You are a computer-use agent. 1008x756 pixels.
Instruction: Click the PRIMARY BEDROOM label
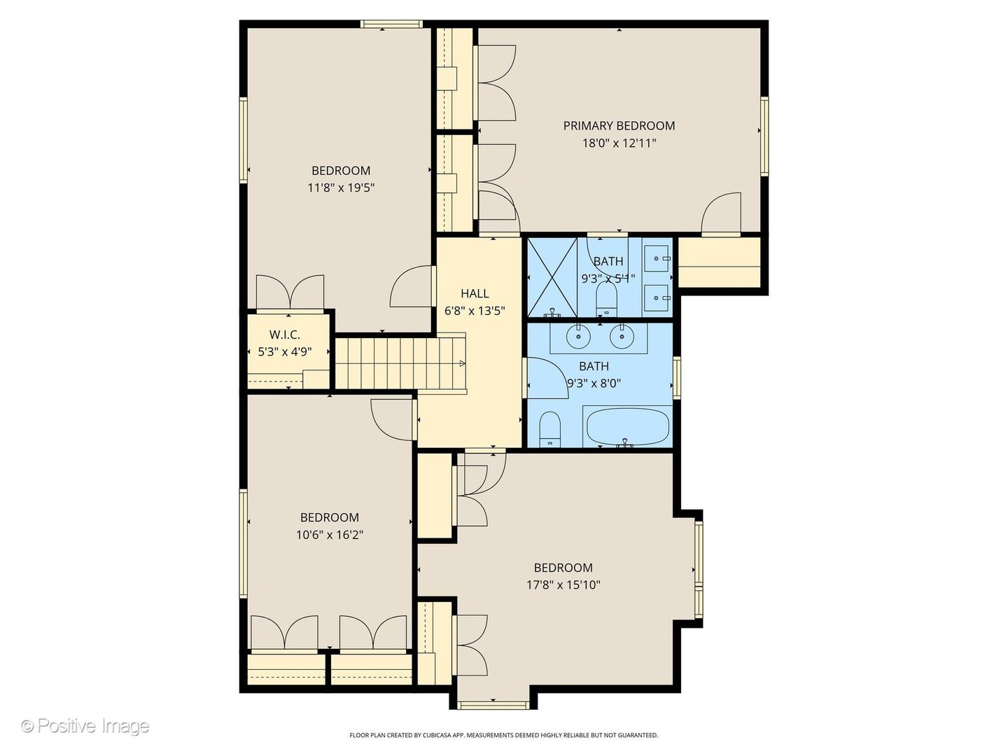coord(619,126)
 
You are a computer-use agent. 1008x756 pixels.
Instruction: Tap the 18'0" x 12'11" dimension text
coord(619,143)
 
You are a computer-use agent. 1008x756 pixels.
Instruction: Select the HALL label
coord(475,294)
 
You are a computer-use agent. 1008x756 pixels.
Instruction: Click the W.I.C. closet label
coord(285,335)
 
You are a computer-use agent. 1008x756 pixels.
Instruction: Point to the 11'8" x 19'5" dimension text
coord(341,188)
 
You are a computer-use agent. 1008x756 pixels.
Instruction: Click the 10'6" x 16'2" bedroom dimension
coord(329,535)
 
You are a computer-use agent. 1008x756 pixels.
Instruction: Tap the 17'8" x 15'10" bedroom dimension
coord(563,585)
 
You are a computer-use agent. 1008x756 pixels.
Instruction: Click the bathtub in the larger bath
coord(627,426)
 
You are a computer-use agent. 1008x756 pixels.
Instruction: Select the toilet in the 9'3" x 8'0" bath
coord(550,429)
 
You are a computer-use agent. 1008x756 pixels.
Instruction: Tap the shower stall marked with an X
coord(552,277)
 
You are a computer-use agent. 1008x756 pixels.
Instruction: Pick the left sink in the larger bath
coord(578,337)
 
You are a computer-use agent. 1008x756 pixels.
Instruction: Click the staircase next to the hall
coord(392,363)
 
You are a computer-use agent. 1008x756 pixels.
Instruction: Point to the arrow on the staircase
coord(461,363)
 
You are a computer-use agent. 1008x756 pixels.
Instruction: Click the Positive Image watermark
coord(85,726)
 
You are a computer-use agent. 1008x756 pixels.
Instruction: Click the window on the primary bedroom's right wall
coord(764,136)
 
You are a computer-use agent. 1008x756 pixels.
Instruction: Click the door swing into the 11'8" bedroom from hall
coord(412,287)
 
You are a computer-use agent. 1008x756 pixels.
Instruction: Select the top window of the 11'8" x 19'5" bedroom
coord(391,24)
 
